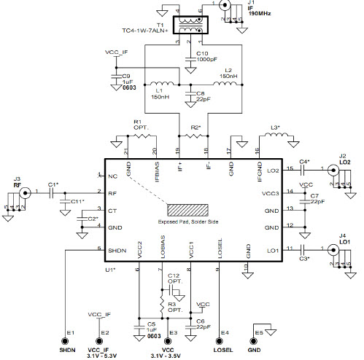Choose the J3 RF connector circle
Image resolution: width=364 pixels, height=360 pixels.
click(x=24, y=193)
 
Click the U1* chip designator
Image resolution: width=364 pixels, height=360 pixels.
click(x=111, y=270)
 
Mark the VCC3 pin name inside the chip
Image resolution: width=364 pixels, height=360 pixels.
click(x=269, y=193)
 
